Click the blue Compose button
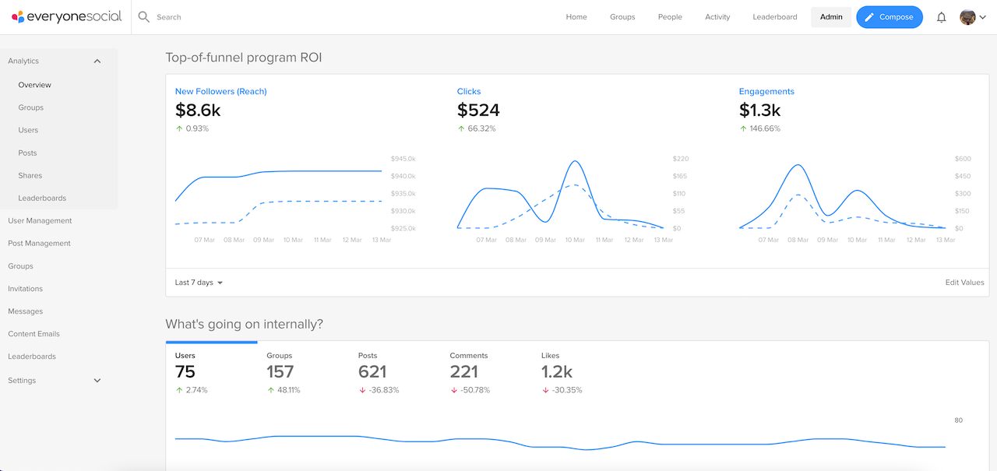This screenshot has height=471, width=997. coord(890,17)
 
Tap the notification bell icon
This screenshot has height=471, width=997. coord(941,17)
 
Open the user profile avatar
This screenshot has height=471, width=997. coord(967,17)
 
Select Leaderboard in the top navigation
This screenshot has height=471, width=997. coord(774,17)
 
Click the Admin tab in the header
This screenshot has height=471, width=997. coord(831,17)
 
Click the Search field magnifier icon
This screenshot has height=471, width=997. coord(144,16)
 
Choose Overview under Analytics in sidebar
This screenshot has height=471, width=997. coord(35,85)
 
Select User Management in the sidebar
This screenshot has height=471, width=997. coord(40,221)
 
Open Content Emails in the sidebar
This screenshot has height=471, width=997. coord(33,334)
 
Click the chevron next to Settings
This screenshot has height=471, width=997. coord(97,381)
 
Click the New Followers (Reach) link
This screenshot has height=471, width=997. coord(220,92)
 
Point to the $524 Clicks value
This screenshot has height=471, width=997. coord(478,111)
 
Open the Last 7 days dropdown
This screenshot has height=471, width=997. coord(199,283)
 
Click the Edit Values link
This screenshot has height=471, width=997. coord(964,283)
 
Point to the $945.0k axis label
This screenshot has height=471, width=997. coord(402,159)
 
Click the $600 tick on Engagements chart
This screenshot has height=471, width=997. coord(964,159)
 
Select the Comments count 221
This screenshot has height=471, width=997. coord(463,372)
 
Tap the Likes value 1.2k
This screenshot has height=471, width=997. coord(557,372)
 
